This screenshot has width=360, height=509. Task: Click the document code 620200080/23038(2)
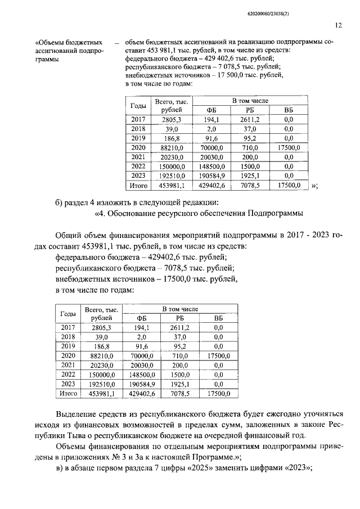coord(315,11)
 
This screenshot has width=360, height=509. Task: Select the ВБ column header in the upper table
coord(289,110)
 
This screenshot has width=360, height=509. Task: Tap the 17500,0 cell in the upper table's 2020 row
coord(289,147)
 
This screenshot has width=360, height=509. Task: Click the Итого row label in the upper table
coord(138,184)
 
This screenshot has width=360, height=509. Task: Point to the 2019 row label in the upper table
coord(138,138)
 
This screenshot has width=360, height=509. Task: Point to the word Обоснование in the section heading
coord(133,213)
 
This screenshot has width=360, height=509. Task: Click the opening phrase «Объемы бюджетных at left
coord(69,42)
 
